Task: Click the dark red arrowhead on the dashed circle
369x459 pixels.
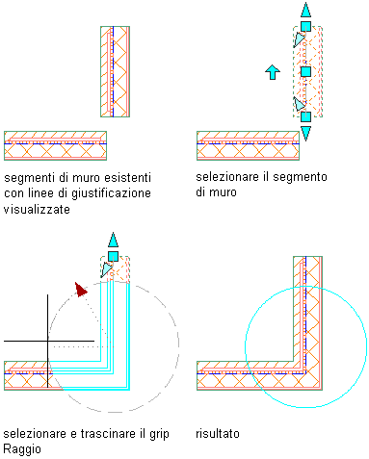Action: click(x=81, y=290)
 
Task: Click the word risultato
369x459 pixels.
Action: click(x=218, y=434)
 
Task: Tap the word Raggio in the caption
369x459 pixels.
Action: click(x=22, y=449)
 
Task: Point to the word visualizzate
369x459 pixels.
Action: click(x=37, y=210)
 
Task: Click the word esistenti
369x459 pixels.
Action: click(x=128, y=177)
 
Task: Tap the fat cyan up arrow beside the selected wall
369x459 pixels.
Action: click(x=273, y=72)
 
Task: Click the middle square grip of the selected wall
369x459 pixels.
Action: click(x=305, y=71)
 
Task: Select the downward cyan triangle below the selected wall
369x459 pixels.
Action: click(x=305, y=133)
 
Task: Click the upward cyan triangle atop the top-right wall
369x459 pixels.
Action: click(x=305, y=10)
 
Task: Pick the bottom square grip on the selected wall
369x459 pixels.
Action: click(x=305, y=116)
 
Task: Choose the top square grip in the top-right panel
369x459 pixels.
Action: click(x=305, y=26)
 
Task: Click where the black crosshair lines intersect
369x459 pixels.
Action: click(x=48, y=341)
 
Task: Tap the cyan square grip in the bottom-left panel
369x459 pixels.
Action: click(x=113, y=256)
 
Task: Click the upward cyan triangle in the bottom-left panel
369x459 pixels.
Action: click(x=113, y=240)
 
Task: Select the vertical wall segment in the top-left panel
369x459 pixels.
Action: click(x=115, y=71)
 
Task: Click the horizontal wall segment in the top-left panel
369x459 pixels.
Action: click(x=55, y=145)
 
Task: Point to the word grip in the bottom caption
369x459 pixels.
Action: click(x=159, y=434)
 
